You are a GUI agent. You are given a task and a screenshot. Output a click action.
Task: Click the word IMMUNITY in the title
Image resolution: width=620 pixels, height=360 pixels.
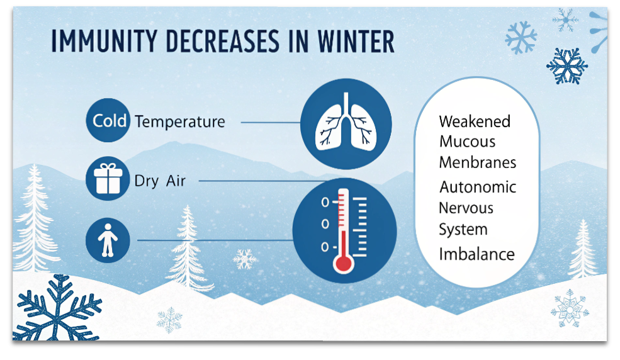pos(104,42)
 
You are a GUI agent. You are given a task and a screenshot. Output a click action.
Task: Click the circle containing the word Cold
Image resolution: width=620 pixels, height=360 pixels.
pos(108,120)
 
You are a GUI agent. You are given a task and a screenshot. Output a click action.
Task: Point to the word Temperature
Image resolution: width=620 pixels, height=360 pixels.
pos(180,121)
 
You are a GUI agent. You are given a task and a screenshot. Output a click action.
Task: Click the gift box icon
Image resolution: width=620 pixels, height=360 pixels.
pos(108,178)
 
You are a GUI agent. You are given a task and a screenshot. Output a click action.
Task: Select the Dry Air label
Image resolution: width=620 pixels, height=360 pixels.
pos(160,181)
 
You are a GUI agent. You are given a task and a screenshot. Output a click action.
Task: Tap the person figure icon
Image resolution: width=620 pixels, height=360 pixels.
pos(108,240)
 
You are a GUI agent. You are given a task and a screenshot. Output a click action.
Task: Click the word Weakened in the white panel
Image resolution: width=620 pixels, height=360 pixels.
pos(475,121)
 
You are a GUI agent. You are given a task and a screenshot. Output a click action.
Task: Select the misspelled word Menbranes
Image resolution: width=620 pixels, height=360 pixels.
pos(478,162)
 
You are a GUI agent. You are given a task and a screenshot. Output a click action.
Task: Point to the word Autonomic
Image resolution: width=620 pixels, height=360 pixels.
pos(478,187)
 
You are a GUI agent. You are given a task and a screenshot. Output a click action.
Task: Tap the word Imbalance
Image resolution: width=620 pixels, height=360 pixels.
pos(477,254)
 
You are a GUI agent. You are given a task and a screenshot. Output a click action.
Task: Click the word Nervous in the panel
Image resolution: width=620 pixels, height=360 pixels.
pos(466,208)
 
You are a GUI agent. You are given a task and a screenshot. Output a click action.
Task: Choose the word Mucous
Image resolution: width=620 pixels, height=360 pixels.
pos(467,142)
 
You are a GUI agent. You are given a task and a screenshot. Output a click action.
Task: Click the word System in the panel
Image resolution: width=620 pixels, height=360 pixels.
pos(463,230)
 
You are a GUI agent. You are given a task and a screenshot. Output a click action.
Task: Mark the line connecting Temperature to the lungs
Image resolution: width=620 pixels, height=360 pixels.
pos(271,123)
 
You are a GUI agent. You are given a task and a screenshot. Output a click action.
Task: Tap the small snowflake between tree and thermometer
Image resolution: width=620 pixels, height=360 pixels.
pos(244,259)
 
